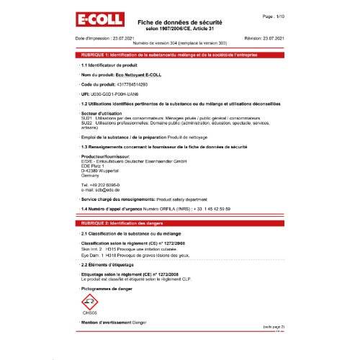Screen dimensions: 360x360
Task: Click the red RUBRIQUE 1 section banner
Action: (x=180, y=55)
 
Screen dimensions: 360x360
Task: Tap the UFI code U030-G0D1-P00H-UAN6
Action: (x=115, y=94)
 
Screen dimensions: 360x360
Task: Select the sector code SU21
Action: (x=85, y=118)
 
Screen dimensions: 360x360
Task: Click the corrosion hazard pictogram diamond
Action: (x=89, y=302)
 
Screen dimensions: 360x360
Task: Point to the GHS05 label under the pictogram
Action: (x=89, y=313)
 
